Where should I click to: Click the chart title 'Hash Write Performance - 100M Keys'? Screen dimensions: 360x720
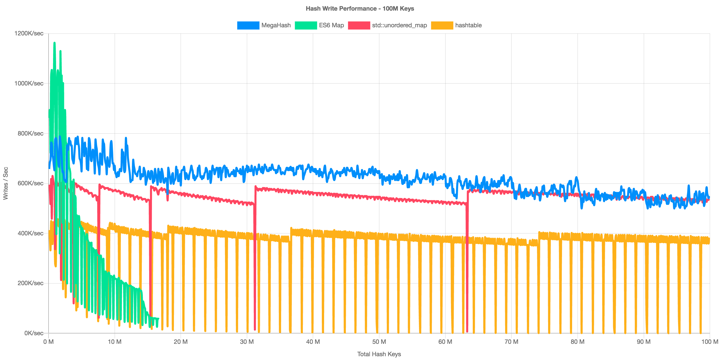click(360, 9)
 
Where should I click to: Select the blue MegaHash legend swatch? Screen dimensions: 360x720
click(248, 26)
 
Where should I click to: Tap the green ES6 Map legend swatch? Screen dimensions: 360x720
click(306, 26)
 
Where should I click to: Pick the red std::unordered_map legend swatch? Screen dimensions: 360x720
click(359, 26)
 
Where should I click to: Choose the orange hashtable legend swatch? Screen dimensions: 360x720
click(442, 26)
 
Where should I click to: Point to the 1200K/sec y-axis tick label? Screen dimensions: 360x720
click(29, 34)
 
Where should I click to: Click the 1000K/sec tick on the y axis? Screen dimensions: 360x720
click(29, 83)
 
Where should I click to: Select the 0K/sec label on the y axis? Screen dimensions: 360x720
click(34, 333)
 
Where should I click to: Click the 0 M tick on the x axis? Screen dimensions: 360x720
click(49, 342)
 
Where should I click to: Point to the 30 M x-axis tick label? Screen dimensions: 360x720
click(247, 342)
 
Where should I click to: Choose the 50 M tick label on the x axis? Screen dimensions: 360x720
click(379, 342)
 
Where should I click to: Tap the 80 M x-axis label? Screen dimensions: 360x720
click(577, 342)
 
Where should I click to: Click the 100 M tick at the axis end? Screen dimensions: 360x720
click(710, 342)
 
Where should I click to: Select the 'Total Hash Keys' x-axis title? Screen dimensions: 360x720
click(379, 354)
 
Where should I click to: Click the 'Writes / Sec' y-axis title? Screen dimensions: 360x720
click(6, 183)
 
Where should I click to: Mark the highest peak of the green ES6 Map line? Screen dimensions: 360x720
click(55, 43)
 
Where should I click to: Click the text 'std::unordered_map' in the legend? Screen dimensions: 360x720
click(399, 26)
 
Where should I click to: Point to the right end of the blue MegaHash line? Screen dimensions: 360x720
click(709, 197)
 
